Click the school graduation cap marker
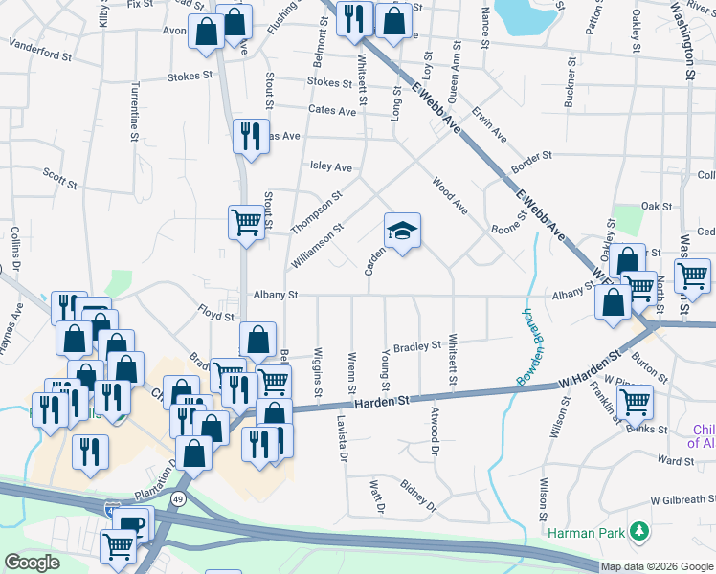402,231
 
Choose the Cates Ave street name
332,111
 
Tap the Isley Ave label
330,166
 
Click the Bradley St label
415,346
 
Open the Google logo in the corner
33,563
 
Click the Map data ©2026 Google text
658,566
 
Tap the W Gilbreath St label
682,499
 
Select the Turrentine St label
133,102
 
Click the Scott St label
59,174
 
